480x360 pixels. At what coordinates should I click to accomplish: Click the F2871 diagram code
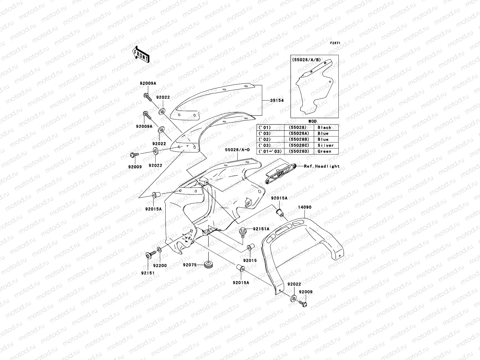pyautogui.click(x=335, y=43)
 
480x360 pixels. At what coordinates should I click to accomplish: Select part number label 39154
pyautogui.click(x=277, y=100)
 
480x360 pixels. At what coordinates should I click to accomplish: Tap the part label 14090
pyautogui.click(x=304, y=207)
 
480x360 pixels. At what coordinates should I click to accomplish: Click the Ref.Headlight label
pyautogui.click(x=322, y=166)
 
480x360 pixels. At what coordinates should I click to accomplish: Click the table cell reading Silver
pyautogui.click(x=325, y=145)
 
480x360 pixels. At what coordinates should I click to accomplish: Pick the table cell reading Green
pyautogui.click(x=324, y=151)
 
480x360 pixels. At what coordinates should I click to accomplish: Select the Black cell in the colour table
pyautogui.click(x=324, y=127)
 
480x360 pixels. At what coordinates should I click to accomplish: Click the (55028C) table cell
pyautogui.click(x=298, y=145)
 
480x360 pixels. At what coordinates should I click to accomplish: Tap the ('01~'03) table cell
pyautogui.click(x=269, y=151)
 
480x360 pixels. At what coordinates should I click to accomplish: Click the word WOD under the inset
pyautogui.click(x=312, y=121)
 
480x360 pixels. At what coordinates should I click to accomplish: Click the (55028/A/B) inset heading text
pyautogui.click(x=306, y=60)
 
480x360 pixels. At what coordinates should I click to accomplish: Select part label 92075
pyautogui.click(x=190, y=265)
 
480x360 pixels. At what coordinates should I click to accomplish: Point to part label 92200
pyautogui.click(x=160, y=265)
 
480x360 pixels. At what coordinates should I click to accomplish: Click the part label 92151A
pyautogui.click(x=261, y=229)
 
